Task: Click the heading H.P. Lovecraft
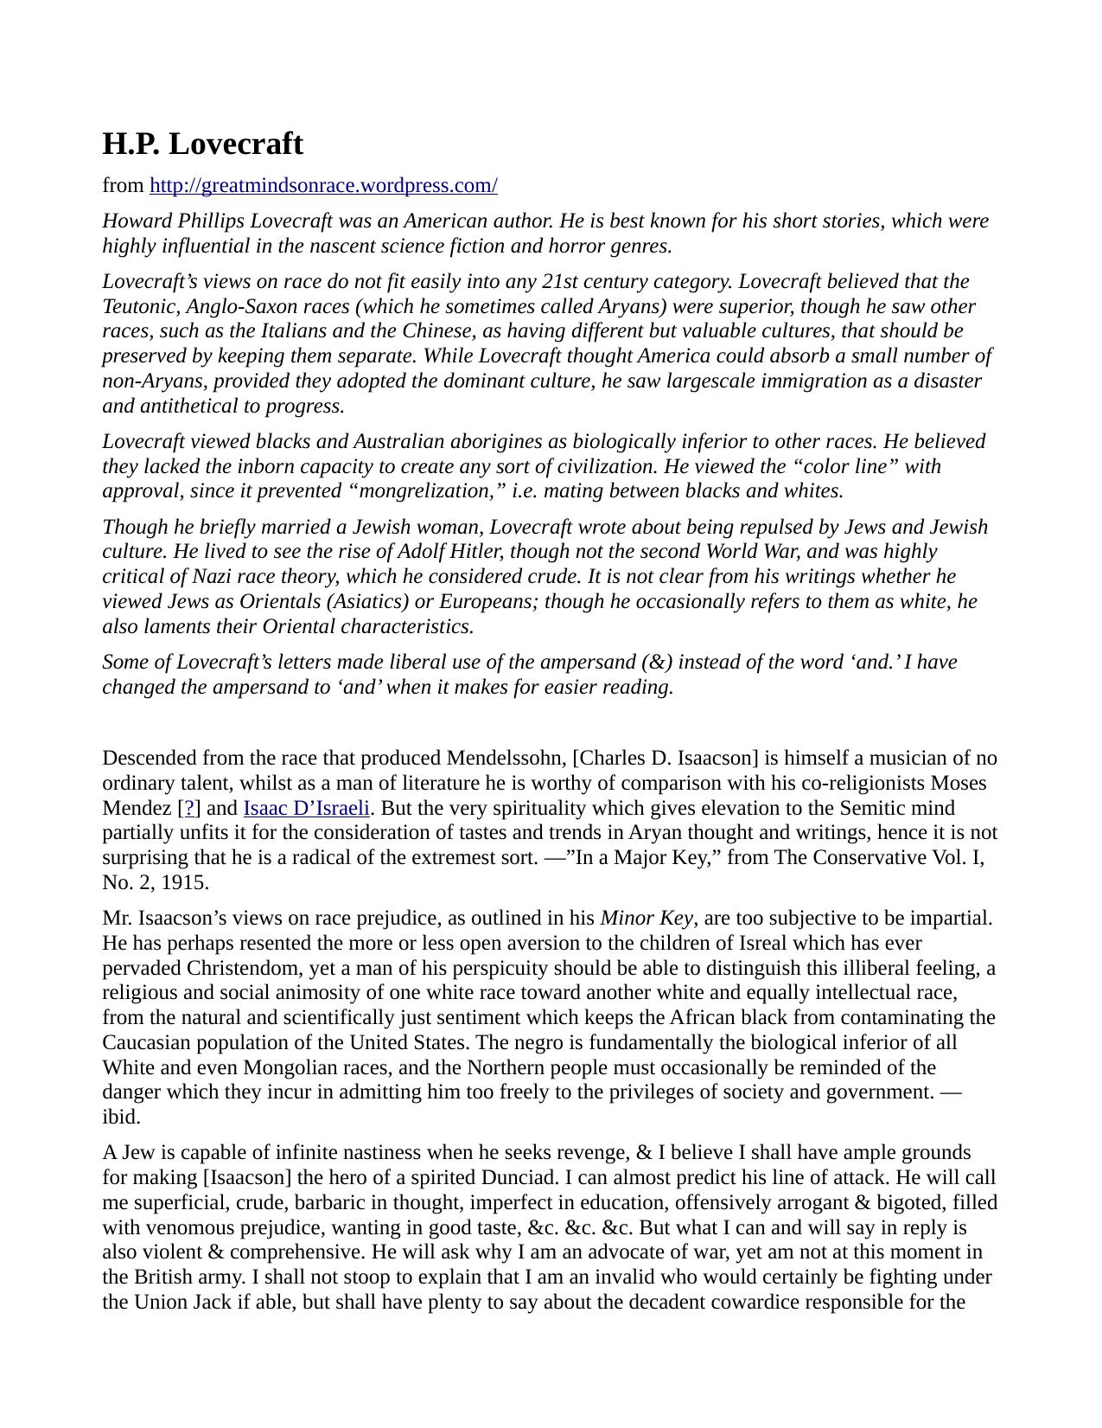pyautogui.click(x=202, y=144)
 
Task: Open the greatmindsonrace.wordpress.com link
pyautogui.click(x=323, y=186)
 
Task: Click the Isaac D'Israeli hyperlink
pyautogui.click(x=306, y=809)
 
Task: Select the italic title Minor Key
pyautogui.click(x=646, y=919)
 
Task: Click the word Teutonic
pyautogui.click(x=138, y=307)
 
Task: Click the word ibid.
pyautogui.click(x=121, y=1117)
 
